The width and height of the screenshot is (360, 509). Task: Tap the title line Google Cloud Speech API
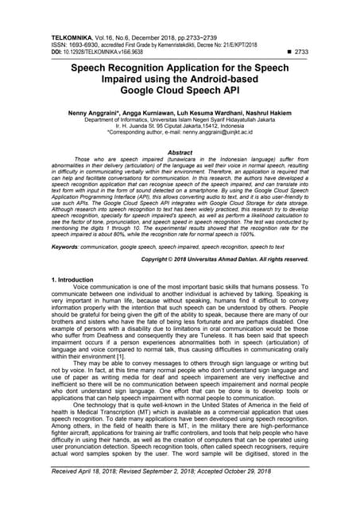coord(180,94)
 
